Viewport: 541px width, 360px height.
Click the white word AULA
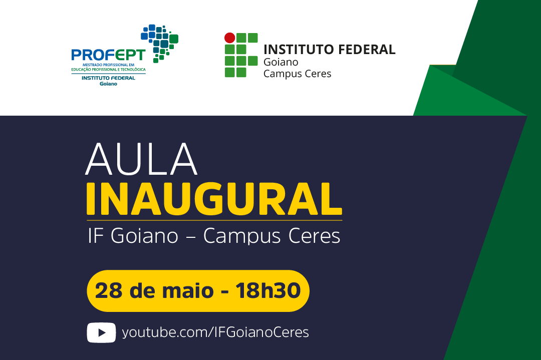click(141, 159)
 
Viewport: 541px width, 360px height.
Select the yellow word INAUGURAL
click(214, 199)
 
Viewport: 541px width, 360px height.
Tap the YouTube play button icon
click(101, 332)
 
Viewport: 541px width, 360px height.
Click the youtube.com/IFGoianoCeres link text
click(215, 332)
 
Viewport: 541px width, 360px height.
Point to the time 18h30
click(268, 290)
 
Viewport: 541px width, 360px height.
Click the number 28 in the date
click(108, 290)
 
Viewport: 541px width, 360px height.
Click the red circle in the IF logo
click(230, 38)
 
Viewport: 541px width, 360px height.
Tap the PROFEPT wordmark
click(108, 55)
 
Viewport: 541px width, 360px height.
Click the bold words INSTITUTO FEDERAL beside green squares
click(329, 50)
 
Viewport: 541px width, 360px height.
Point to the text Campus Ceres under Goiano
click(298, 74)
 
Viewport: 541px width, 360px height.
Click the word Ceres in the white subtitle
click(314, 236)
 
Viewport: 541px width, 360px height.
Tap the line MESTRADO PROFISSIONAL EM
click(108, 65)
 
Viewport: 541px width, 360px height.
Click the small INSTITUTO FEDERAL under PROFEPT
click(108, 78)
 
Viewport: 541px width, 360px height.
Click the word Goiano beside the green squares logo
click(281, 62)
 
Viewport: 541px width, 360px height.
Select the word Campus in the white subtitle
click(242, 236)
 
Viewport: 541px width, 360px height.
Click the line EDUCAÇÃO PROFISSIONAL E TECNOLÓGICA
click(108, 69)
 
